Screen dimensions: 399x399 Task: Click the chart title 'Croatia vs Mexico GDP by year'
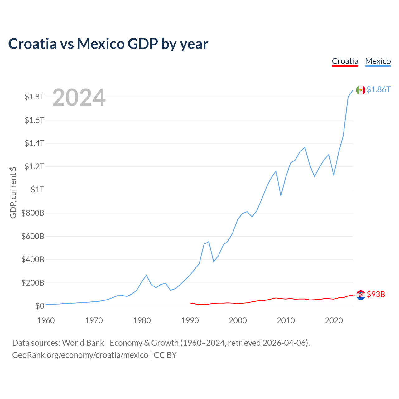108,44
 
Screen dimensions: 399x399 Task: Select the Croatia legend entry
345,61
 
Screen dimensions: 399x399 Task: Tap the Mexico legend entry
378,61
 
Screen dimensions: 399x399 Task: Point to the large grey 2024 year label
79,98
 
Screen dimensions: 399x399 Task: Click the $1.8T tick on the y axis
34,97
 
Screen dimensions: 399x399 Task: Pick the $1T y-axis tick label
37,190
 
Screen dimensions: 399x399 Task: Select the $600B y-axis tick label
33,236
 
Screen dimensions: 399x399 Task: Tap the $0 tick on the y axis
40,306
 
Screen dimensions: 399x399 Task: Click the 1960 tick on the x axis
46,320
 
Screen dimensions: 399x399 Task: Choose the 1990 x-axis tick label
190,320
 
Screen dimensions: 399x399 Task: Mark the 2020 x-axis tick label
334,320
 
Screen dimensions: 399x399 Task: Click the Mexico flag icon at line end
361,90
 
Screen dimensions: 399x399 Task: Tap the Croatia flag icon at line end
361,295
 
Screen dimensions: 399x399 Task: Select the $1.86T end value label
378,90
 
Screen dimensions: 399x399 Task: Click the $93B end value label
376,294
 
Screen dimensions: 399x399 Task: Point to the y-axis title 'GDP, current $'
13,192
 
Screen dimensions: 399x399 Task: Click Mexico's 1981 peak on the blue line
146,275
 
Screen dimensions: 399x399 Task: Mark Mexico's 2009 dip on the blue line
281,196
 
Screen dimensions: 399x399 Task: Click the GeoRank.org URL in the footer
80,355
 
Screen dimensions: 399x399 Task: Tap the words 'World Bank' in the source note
83,343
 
